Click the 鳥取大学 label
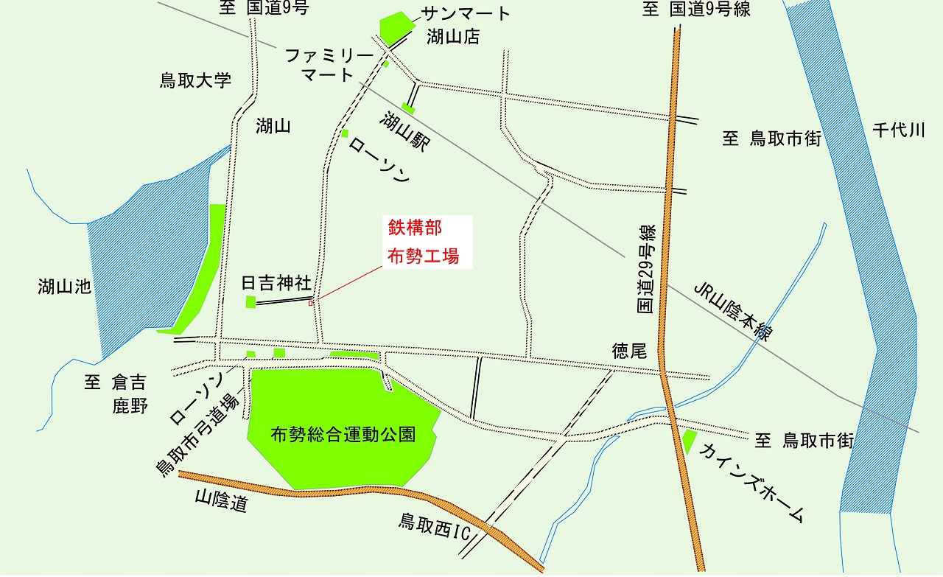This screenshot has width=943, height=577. click(195, 80)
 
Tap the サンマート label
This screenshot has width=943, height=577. click(466, 13)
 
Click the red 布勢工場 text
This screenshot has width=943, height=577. click(424, 256)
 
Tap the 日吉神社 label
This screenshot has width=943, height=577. click(276, 284)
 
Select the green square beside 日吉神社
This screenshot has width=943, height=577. click(250, 301)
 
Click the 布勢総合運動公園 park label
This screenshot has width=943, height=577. click(343, 434)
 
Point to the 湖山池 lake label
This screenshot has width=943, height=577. click(65, 287)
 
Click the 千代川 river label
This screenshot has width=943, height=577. click(898, 130)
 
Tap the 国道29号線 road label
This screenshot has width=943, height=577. click(646, 270)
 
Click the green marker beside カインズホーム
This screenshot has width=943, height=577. click(689, 441)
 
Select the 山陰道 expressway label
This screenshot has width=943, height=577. click(220, 503)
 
